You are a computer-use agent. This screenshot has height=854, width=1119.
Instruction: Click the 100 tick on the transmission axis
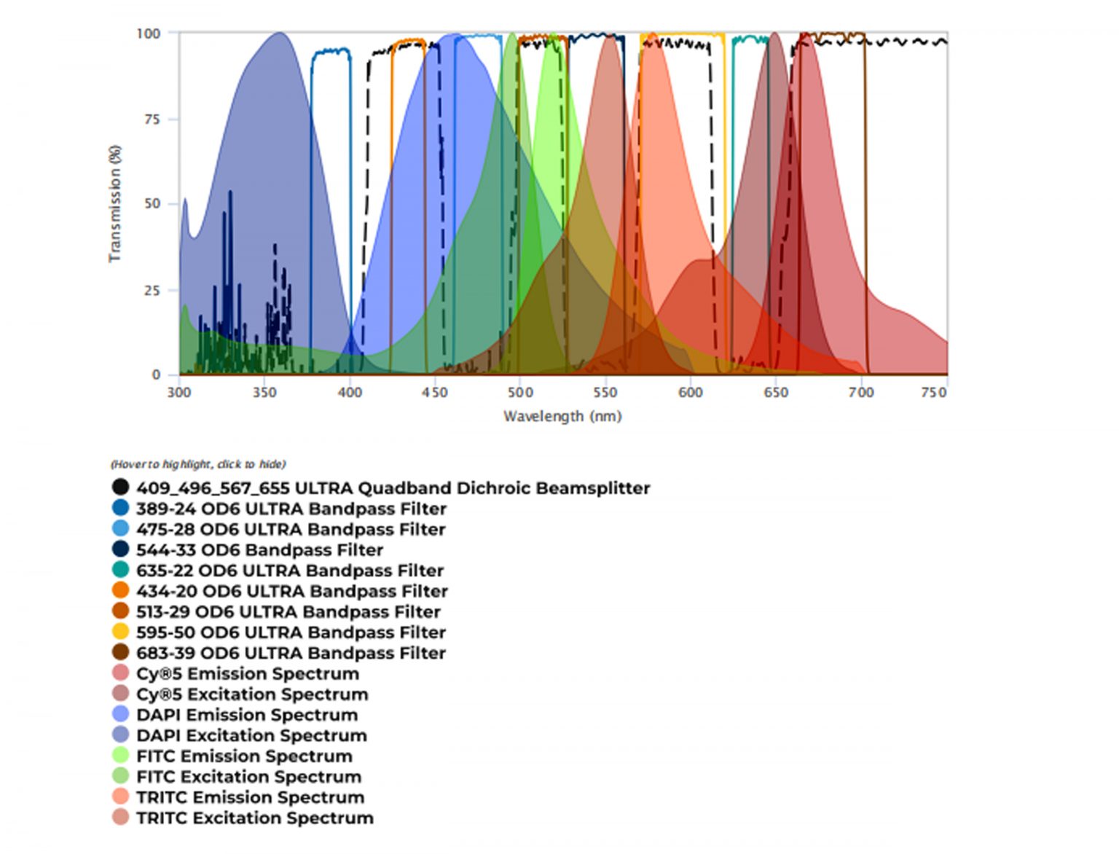coord(149,34)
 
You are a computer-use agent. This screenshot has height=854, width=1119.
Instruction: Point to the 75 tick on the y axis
coord(152,120)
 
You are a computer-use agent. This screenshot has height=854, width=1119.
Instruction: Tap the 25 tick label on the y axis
coord(152,291)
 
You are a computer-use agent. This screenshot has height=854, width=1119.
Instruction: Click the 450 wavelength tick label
coord(435,393)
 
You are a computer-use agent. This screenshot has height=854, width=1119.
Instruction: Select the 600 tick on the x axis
coord(691,393)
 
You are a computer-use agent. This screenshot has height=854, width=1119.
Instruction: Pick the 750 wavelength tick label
coord(933,393)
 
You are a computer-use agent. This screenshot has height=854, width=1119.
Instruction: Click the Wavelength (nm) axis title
coord(562,416)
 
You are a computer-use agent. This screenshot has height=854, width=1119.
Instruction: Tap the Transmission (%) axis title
coord(115,204)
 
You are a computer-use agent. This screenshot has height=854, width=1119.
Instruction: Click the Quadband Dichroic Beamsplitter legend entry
coord(393,488)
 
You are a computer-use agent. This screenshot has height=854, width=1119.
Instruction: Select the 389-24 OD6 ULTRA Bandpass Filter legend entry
coord(291,509)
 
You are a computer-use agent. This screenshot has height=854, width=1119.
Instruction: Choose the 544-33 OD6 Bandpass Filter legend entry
coord(259,550)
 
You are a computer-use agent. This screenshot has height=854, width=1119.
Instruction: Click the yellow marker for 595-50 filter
coord(121,632)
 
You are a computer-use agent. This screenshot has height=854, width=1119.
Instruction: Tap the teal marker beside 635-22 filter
coord(121,571)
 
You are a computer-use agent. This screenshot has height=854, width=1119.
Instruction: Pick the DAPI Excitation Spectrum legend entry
coord(251,735)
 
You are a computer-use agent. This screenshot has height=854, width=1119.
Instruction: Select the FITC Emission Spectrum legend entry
coord(244,756)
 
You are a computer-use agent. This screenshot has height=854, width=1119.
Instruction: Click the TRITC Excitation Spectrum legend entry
coord(254,818)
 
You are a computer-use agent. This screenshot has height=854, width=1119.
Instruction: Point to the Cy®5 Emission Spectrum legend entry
coord(248,673)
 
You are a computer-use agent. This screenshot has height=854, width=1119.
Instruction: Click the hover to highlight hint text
coord(198,464)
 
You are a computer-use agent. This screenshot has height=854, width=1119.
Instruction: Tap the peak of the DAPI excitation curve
coord(280,34)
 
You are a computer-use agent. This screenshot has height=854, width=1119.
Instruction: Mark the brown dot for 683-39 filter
coord(121,652)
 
